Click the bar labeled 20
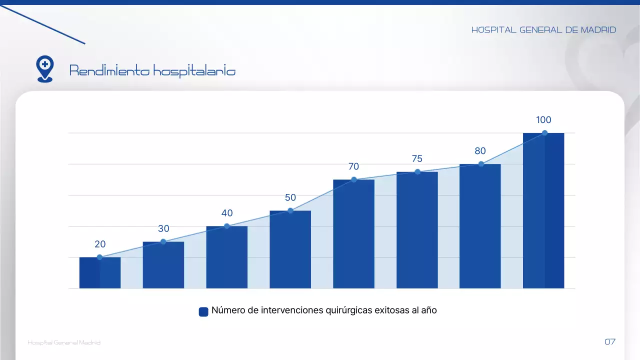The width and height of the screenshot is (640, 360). [100, 273]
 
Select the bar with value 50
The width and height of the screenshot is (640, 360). [290, 249]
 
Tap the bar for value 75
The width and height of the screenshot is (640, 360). [417, 230]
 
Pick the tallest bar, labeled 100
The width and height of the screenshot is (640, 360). [543, 210]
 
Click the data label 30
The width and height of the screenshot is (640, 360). [163, 229]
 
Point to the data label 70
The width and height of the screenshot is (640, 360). [353, 167]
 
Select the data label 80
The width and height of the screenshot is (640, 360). [480, 151]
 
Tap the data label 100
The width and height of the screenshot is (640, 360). [543, 120]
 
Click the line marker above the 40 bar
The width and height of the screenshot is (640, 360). [226, 226]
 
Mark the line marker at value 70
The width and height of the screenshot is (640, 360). [353, 179]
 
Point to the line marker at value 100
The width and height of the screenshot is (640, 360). [544, 133]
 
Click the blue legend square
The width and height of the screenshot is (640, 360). [203, 311]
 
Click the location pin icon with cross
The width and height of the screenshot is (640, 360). [45, 68]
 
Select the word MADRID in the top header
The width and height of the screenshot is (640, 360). [598, 30]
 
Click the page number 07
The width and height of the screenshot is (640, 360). [610, 342]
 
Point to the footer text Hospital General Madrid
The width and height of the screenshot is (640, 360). [64, 342]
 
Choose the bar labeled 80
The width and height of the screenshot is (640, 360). [480, 226]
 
